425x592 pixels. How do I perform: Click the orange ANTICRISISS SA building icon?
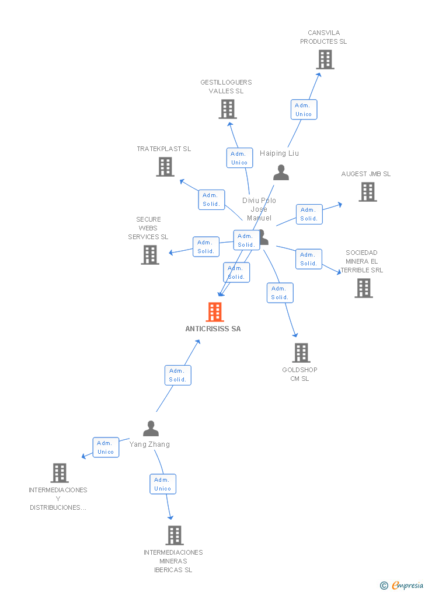tap(215, 312)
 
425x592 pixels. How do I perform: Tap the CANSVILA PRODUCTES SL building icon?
tap(325, 59)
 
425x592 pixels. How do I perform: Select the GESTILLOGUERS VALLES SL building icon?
tap(228, 109)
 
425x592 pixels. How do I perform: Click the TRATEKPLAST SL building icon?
tap(165, 167)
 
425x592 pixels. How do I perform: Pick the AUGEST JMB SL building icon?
tap(367, 192)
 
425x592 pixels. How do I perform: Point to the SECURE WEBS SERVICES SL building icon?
tap(150, 255)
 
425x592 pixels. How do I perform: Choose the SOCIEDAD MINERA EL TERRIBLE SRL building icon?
tap(364, 288)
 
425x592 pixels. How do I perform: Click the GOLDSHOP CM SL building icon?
tap(301, 353)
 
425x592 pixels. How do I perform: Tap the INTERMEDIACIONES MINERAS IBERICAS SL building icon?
tap(175, 535)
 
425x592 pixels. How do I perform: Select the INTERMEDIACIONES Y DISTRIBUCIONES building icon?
tap(60, 473)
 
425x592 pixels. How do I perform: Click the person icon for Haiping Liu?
tap(281, 173)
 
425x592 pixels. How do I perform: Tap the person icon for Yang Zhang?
tap(151, 429)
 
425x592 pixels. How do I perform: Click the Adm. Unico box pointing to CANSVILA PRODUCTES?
tap(304, 110)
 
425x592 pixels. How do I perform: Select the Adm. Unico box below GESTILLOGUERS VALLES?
tap(239, 158)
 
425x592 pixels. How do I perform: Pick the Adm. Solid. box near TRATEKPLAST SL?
tap(211, 199)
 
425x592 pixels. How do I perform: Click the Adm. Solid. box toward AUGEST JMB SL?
tap(309, 214)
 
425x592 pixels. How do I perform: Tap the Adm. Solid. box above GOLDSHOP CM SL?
tap(280, 293)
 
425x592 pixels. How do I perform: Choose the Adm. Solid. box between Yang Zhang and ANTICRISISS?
tap(177, 375)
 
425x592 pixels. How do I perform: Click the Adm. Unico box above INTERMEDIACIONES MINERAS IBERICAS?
tap(163, 484)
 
